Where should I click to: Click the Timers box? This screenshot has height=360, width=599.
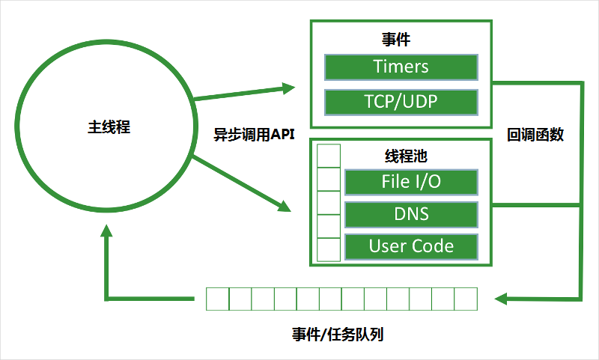point(401,67)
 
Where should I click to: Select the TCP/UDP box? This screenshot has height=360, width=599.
point(401,102)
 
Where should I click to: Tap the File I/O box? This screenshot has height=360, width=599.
point(410,181)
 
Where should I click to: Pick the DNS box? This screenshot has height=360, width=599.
point(410,214)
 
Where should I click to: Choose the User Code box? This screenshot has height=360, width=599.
point(410,246)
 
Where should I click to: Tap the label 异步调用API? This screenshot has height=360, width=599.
point(255,135)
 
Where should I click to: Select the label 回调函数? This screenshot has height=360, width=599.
point(535,135)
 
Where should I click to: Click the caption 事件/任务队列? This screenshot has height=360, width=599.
point(338,333)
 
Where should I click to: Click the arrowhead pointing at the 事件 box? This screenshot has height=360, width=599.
point(291,88)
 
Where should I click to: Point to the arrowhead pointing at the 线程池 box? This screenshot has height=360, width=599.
point(284,205)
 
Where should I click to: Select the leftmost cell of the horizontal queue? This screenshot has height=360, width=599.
point(217,299)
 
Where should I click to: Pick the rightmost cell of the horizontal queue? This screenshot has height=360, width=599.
point(465,299)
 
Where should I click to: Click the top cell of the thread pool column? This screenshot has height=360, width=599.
point(329,156)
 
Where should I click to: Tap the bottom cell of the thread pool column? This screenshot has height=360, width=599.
point(329,249)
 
